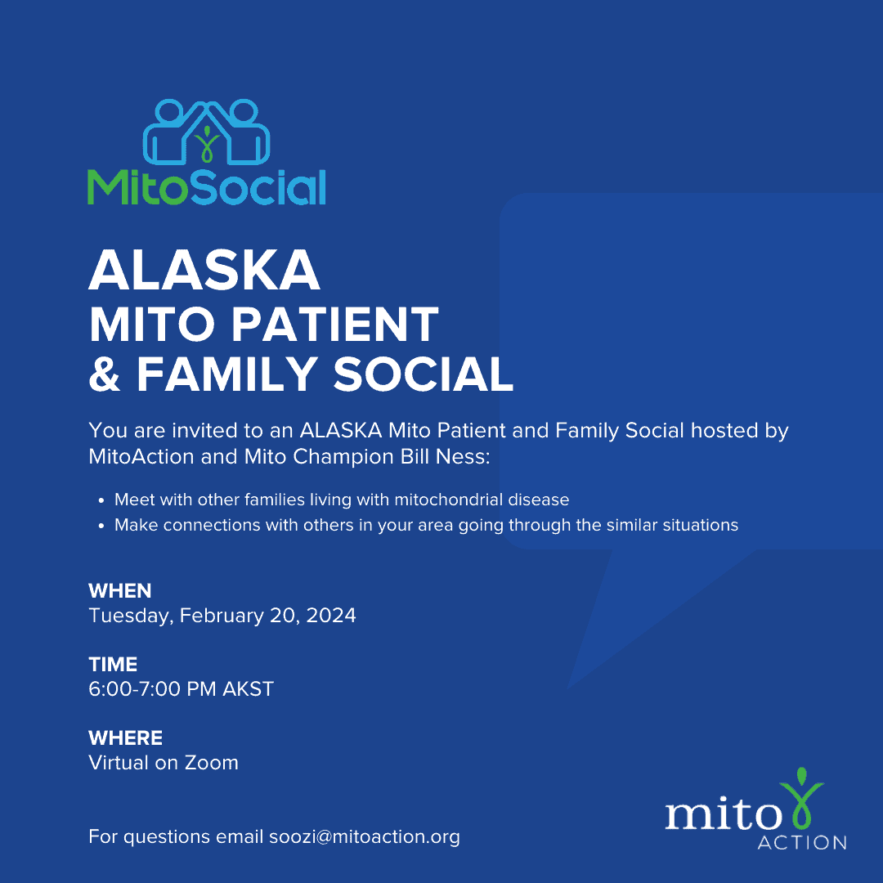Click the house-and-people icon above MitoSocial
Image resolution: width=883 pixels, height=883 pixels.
pyautogui.click(x=207, y=132)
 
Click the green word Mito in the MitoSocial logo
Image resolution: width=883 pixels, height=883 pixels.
pyautogui.click(x=137, y=186)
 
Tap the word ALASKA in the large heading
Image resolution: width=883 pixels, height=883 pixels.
pyautogui.click(x=204, y=271)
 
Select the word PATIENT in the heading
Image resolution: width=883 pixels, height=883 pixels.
pyautogui.click(x=335, y=325)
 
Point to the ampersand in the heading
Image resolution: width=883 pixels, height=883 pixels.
pyautogui.click(x=105, y=374)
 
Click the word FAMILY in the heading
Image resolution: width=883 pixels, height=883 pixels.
pyautogui.click(x=227, y=374)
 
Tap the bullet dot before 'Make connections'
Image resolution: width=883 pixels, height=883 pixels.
pyautogui.click(x=101, y=526)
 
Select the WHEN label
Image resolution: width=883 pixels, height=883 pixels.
pyautogui.click(x=120, y=591)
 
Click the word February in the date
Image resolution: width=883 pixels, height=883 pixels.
pyautogui.click(x=222, y=616)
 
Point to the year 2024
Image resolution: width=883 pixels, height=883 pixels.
pyautogui.click(x=331, y=616)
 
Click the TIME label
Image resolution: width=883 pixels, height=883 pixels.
pyautogui.click(x=113, y=665)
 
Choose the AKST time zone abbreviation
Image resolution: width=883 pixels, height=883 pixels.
pyautogui.click(x=249, y=688)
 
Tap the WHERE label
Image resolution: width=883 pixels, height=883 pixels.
pyautogui.click(x=126, y=737)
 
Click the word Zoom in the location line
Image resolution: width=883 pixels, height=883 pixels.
pyautogui.click(x=212, y=763)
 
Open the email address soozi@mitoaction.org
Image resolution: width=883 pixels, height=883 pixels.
pyautogui.click(x=365, y=837)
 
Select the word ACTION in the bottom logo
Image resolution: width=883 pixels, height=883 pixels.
pyautogui.click(x=803, y=842)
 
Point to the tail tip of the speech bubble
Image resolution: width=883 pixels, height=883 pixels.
pyautogui.click(x=567, y=688)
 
